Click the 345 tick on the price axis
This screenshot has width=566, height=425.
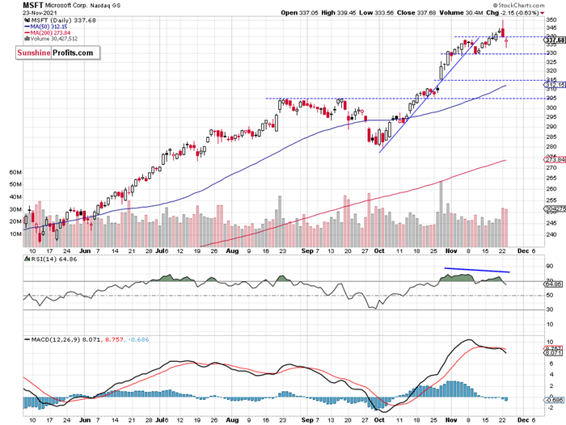tap(551, 28)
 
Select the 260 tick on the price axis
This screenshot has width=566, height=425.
tap(551, 189)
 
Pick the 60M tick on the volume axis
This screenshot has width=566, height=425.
tap(15, 173)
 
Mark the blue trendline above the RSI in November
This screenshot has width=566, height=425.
tap(476, 270)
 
